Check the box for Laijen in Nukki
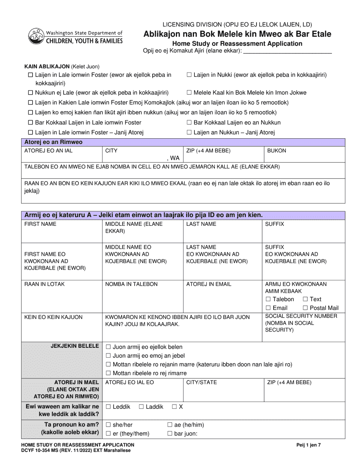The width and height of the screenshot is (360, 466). tap(189, 75)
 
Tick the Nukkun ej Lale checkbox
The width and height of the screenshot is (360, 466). tap(30, 92)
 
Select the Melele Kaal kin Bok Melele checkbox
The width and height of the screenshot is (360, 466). tap(189, 92)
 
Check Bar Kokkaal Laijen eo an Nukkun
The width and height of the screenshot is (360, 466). tap(189, 122)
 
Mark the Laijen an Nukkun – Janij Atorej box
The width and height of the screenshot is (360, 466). tap(189, 133)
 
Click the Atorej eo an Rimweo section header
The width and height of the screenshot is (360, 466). tap(53, 142)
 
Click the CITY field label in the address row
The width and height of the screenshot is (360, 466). tap(111, 151)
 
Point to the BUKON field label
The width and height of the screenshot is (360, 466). tap(277, 151)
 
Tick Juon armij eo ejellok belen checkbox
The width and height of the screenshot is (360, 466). tap(108, 347)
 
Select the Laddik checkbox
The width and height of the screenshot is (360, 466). tap(141, 407)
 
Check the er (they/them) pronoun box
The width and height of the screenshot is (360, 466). tap(108, 433)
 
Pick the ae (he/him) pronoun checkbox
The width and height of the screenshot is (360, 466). tap(170, 425)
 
